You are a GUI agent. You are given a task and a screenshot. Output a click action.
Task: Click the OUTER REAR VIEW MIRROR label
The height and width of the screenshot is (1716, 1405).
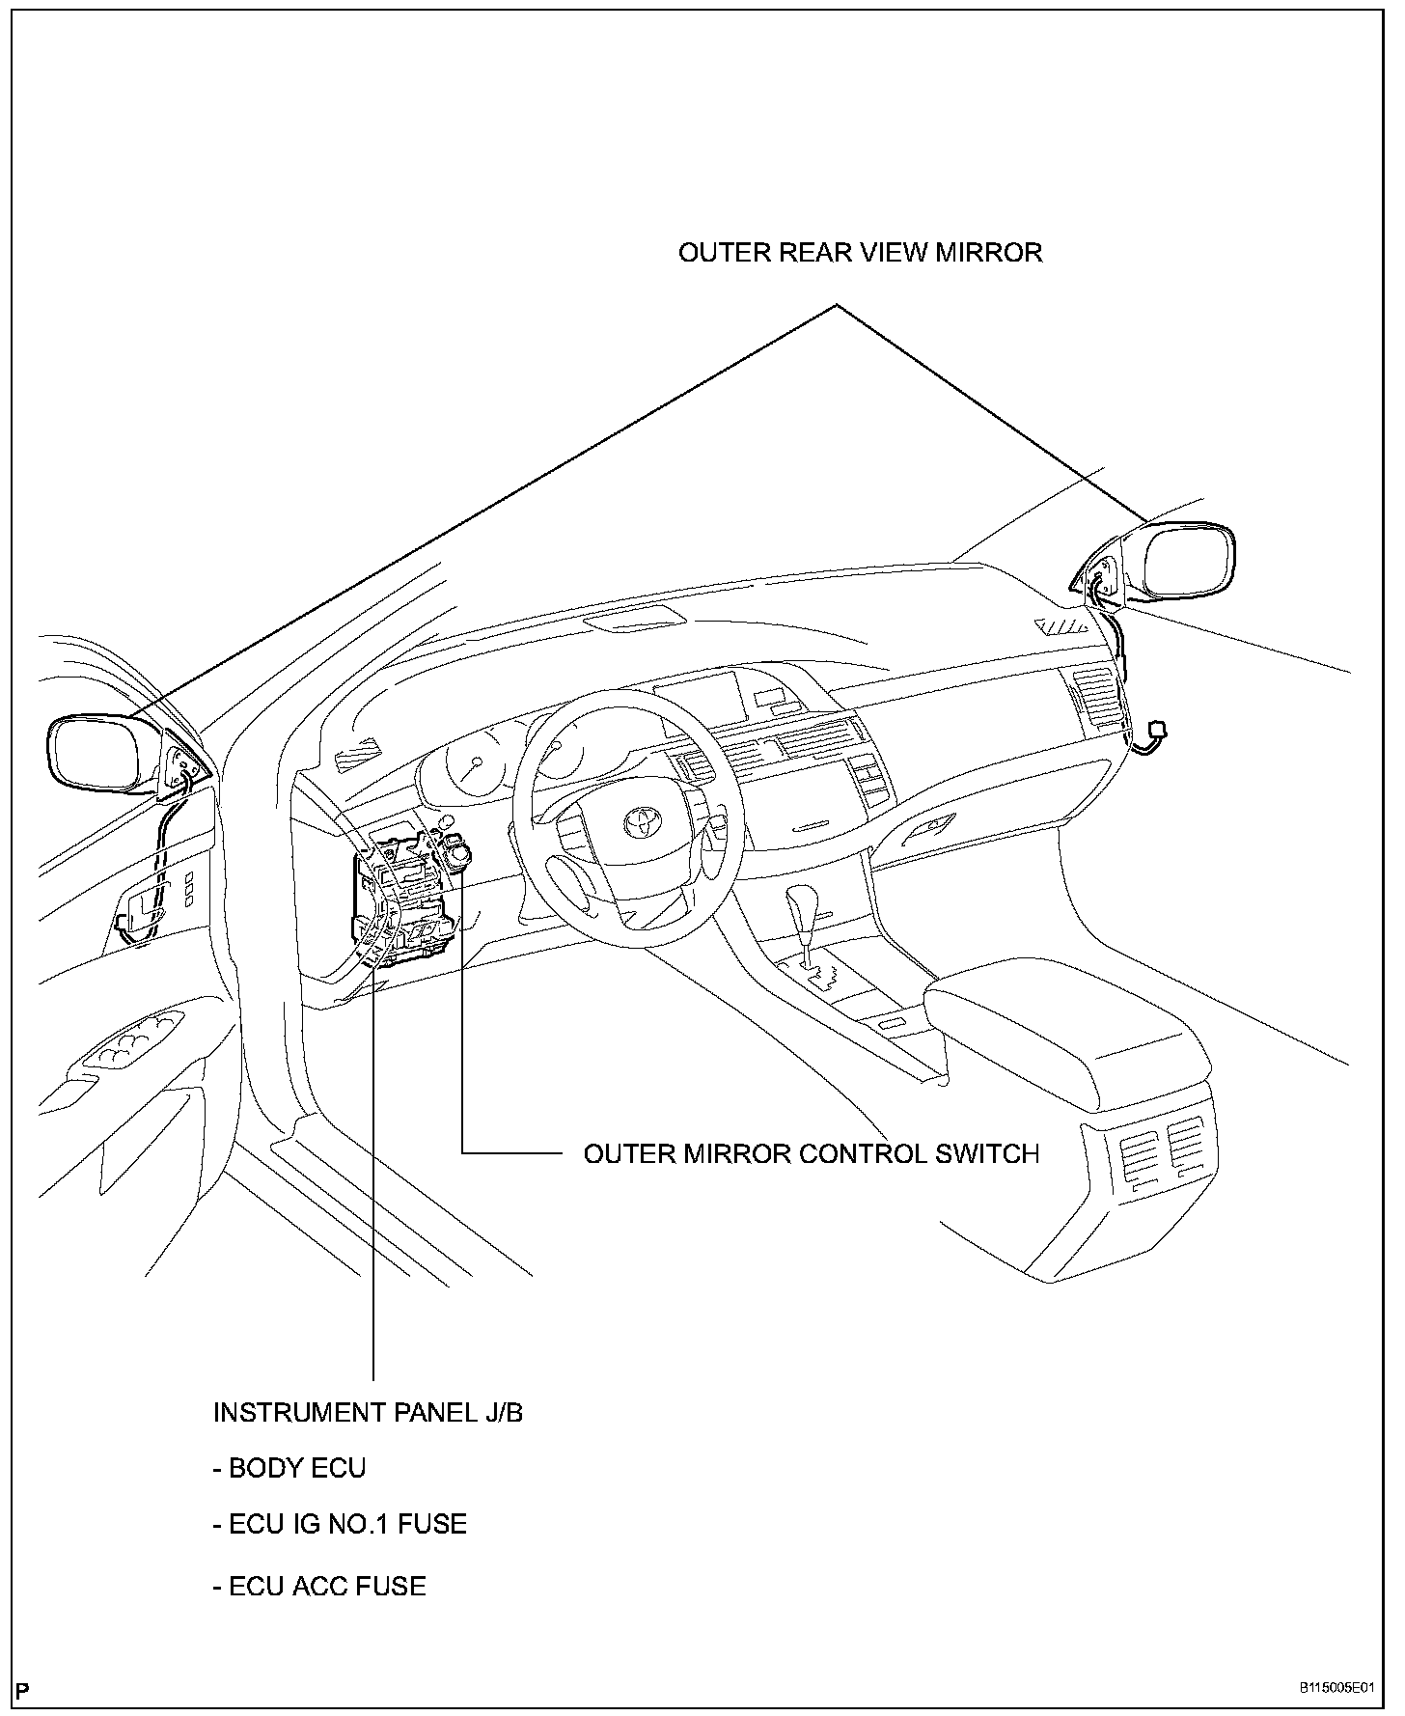pyautogui.click(x=860, y=253)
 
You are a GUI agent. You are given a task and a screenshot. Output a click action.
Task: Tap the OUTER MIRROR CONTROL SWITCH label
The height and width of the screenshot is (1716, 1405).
pyautogui.click(x=812, y=1153)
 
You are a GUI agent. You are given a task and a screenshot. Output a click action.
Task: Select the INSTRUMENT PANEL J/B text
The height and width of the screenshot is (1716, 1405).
pyautogui.click(x=368, y=1413)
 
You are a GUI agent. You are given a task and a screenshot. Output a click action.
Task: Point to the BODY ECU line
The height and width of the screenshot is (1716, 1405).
pyautogui.click(x=289, y=1469)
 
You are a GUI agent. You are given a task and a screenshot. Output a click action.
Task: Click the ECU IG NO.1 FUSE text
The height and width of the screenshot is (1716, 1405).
pyautogui.click(x=340, y=1525)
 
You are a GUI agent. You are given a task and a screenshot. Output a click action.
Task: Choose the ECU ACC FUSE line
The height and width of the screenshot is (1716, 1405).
pyautogui.click(x=319, y=1587)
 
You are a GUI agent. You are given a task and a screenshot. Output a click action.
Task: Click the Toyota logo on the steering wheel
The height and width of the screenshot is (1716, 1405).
pyautogui.click(x=640, y=821)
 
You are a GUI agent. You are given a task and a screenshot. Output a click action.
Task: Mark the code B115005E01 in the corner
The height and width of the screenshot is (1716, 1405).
pyautogui.click(x=1336, y=1688)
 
